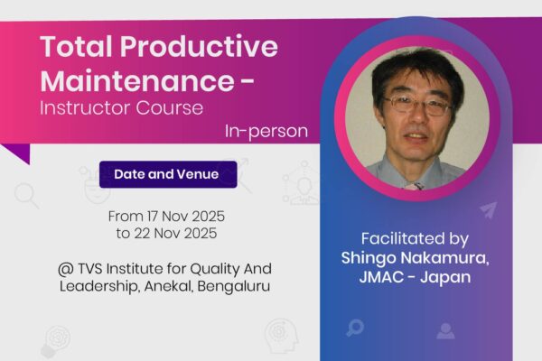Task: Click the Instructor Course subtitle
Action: pos(122,108)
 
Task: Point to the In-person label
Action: pos(266,132)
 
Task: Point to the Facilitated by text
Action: pos(415,239)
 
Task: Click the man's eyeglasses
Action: pos(416,105)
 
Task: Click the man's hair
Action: pos(417,63)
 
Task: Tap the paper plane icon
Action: pos(489,209)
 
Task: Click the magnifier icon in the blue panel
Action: pos(355,328)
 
